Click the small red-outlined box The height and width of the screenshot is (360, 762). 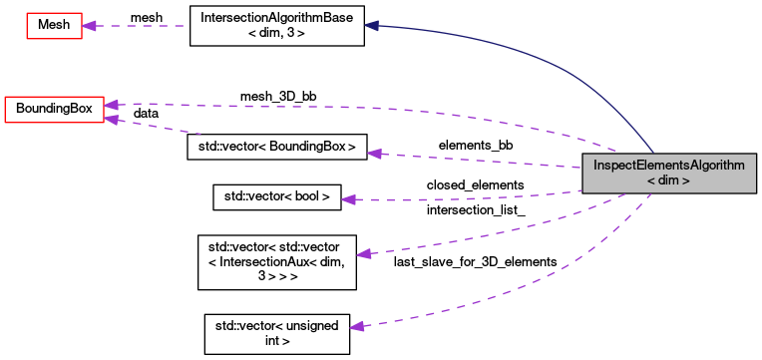point(54,26)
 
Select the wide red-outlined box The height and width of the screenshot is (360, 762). point(54,110)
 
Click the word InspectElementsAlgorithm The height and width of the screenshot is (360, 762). point(668,166)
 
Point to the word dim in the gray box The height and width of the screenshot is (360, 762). point(669,180)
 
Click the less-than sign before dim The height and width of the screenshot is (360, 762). point(650,180)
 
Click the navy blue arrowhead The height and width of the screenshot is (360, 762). point(371,25)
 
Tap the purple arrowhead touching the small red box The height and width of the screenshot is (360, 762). point(90,26)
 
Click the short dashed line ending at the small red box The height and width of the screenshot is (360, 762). point(140,26)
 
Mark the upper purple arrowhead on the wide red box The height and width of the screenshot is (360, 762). point(112,105)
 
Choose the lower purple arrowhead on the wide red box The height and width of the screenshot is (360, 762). point(112,120)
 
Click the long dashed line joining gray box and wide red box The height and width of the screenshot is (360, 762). point(399,109)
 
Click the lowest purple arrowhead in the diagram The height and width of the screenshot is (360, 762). point(357,326)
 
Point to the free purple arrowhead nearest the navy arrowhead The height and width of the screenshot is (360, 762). point(374,154)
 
